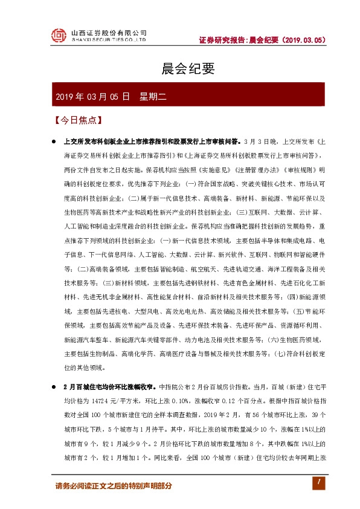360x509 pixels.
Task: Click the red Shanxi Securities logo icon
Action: (x=58, y=36)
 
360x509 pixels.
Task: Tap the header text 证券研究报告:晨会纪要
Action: (x=239, y=41)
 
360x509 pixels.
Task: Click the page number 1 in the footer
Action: (x=315, y=483)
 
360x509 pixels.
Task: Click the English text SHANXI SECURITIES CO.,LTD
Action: (x=109, y=40)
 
